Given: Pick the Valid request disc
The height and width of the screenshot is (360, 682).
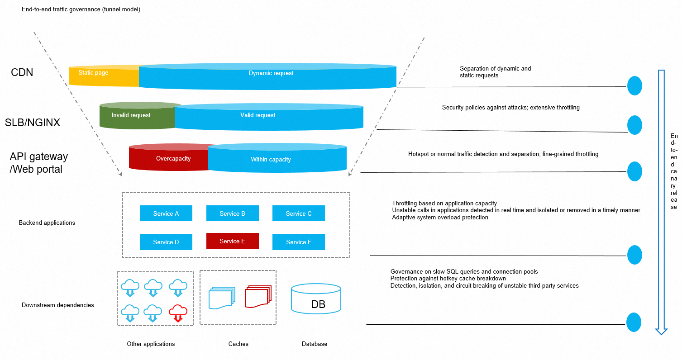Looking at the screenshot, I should (x=269, y=117).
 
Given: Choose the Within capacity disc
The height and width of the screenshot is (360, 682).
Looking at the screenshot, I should (x=277, y=159).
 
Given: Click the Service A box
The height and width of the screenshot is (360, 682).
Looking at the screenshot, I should (x=166, y=213).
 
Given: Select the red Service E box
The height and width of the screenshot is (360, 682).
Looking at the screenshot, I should (x=232, y=241).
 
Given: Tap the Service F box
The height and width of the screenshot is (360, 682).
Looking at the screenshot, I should (x=299, y=242).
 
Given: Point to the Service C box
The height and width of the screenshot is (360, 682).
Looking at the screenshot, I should (x=299, y=213).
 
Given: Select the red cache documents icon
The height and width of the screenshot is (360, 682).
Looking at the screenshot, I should (x=258, y=297).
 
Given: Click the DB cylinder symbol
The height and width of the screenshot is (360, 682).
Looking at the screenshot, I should (x=316, y=299).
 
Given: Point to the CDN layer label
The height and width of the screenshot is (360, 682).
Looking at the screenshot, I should (x=22, y=72).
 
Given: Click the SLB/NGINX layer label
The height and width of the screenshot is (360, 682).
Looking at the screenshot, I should (x=33, y=123).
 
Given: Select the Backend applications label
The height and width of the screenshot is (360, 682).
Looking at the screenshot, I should (x=47, y=223).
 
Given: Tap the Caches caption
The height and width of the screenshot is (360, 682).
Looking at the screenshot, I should (x=238, y=344).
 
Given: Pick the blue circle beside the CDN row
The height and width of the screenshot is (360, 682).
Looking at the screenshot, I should (x=634, y=85).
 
